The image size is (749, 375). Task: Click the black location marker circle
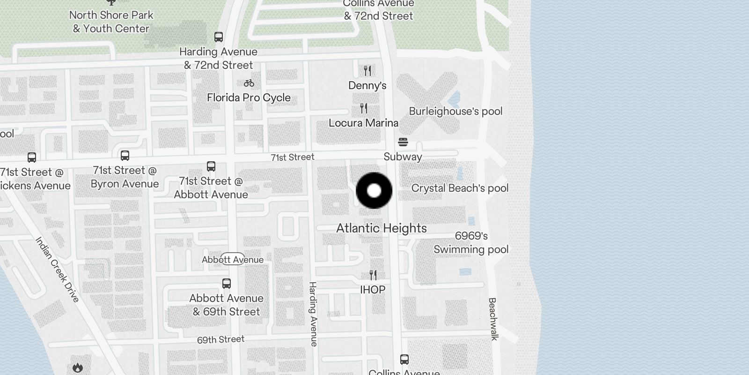pos(374,190)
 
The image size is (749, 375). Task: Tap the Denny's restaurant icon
pos(367,71)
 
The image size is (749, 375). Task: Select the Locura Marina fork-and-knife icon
pos(364,108)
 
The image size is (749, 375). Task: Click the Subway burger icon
pos(403,142)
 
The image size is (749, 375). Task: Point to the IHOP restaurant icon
pos(373,275)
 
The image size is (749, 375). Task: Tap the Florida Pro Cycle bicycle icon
pos(249,83)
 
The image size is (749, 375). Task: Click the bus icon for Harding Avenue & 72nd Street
pos(219,37)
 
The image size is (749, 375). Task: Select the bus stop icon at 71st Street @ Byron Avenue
pos(125,156)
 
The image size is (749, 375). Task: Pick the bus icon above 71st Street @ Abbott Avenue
pos(211,166)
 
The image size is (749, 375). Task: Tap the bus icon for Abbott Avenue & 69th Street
pos(227,284)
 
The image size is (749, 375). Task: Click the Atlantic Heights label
pos(382,228)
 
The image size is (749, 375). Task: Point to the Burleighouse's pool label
pos(455,112)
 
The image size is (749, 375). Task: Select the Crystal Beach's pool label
pos(460,188)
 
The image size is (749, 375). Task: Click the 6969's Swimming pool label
pos(471,243)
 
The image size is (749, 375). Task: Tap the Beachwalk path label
pos(493,319)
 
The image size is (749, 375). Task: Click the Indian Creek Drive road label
pos(58,269)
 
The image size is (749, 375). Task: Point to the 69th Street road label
pos(220,339)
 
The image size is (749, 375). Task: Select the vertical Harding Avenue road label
pos(313,314)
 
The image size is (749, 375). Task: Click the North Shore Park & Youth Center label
pos(111,22)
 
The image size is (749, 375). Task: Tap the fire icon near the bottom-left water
pos(78,368)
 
